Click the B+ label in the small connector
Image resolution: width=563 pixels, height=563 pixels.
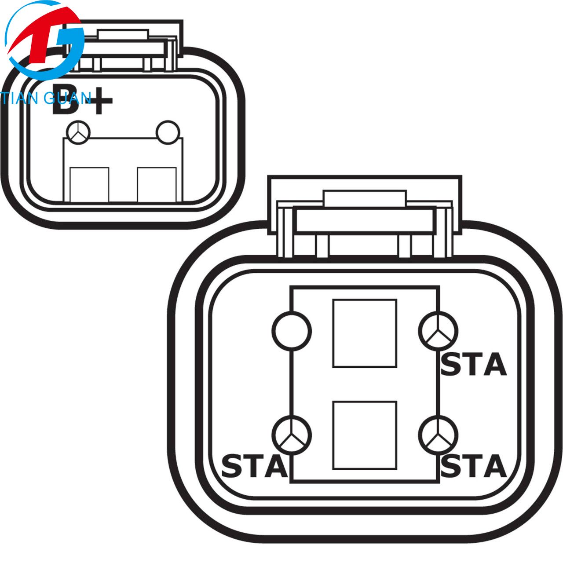(82, 100)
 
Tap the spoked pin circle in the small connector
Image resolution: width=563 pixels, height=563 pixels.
(78, 132)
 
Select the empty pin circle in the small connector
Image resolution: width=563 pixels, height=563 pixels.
(168, 132)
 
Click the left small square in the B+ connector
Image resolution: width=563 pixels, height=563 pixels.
(89, 185)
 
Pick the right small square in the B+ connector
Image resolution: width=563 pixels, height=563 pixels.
(157, 185)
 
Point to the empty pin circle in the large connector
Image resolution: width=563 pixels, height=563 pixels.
(292, 331)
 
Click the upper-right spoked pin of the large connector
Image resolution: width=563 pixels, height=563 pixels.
(438, 331)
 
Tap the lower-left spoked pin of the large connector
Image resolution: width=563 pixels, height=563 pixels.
(292, 435)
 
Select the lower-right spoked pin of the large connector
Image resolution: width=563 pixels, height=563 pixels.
(438, 435)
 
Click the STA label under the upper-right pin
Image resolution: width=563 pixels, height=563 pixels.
(473, 364)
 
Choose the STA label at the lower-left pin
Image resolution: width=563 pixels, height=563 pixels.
(255, 466)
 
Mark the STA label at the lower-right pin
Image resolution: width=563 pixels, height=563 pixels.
(473, 466)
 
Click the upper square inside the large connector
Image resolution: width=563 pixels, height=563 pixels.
(365, 333)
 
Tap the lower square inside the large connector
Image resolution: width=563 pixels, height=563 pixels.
(365, 435)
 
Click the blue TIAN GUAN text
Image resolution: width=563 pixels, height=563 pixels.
(46, 98)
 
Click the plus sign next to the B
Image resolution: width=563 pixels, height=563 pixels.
(99, 101)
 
